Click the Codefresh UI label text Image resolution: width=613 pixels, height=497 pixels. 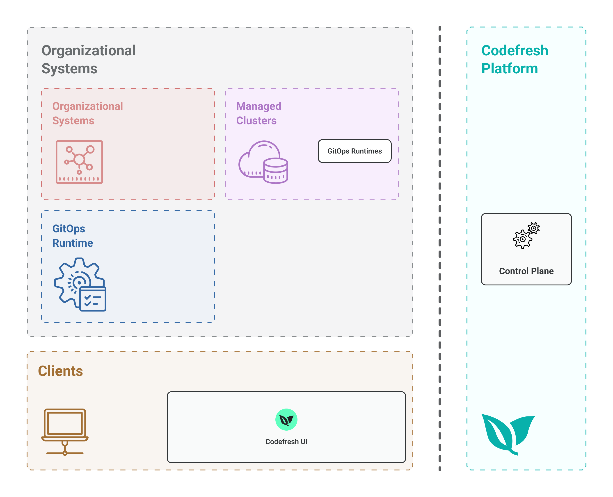point(286,441)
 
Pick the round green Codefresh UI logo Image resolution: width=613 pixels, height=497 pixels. point(286,419)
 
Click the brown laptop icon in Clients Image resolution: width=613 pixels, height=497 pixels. point(65,431)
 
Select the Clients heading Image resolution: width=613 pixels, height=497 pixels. point(60,371)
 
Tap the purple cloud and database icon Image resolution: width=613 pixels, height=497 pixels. point(263,162)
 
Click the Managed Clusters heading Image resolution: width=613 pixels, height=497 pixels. point(258,113)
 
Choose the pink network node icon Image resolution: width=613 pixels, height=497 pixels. point(79,162)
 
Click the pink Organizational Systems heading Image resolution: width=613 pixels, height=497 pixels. point(87,113)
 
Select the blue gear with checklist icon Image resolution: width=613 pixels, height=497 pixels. point(80,284)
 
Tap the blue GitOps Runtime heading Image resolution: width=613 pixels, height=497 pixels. point(73,236)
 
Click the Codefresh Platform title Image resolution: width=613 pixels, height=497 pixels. point(515,60)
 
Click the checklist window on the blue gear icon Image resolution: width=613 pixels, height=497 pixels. point(93,299)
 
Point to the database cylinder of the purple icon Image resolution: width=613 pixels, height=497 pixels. point(275,171)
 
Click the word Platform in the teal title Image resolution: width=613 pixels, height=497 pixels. point(509,69)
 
